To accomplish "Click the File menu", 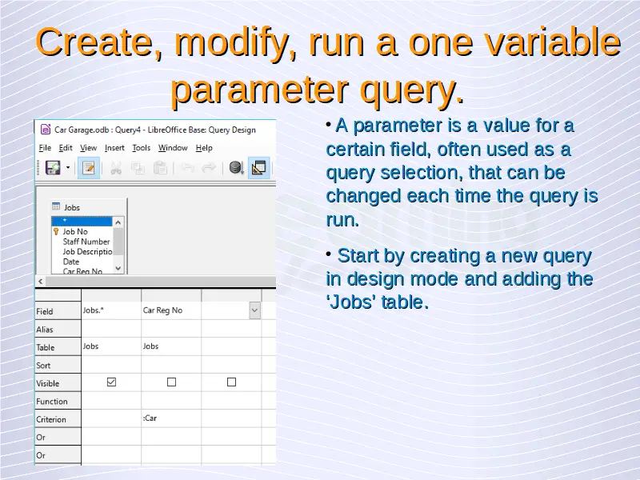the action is point(45,148).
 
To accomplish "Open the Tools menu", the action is point(142,148).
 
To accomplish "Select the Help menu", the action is point(204,148).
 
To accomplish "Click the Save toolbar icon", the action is point(53,167).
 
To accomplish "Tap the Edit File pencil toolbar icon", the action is point(89,167).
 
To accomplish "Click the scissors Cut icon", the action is point(116,168).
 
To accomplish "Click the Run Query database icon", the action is point(236,167).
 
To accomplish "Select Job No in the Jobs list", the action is point(75,231).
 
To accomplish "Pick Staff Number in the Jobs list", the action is point(86,242).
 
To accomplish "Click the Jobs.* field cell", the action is point(111,310).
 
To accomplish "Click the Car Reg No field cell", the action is point(171,310).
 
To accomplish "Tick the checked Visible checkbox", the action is point(111,382).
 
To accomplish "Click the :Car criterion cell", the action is point(171,418).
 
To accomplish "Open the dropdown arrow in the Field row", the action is point(254,310).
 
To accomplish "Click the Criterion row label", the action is point(51,419).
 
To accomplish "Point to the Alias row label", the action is point(45,330).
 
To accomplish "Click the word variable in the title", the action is point(552,42).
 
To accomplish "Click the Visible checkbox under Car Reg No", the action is point(171,382).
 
